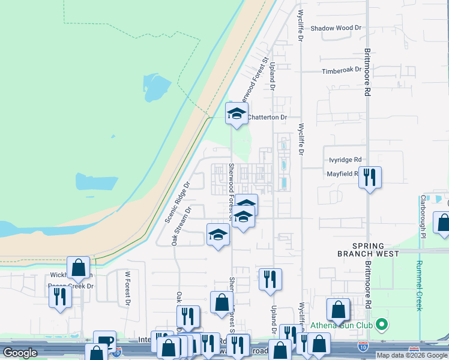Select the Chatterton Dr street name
[268, 118]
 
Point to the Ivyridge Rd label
[345, 160]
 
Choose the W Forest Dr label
[127, 289]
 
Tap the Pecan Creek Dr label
[72, 286]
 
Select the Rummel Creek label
[419, 280]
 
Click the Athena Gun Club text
[340, 326]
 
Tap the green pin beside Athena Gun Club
[381, 326]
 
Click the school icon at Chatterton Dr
[237, 113]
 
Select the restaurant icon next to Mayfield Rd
[370, 176]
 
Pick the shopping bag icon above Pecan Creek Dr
[78, 267]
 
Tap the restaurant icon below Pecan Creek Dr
[59, 297]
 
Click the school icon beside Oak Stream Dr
[218, 234]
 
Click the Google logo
[20, 353]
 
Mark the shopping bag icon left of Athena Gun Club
[338, 310]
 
